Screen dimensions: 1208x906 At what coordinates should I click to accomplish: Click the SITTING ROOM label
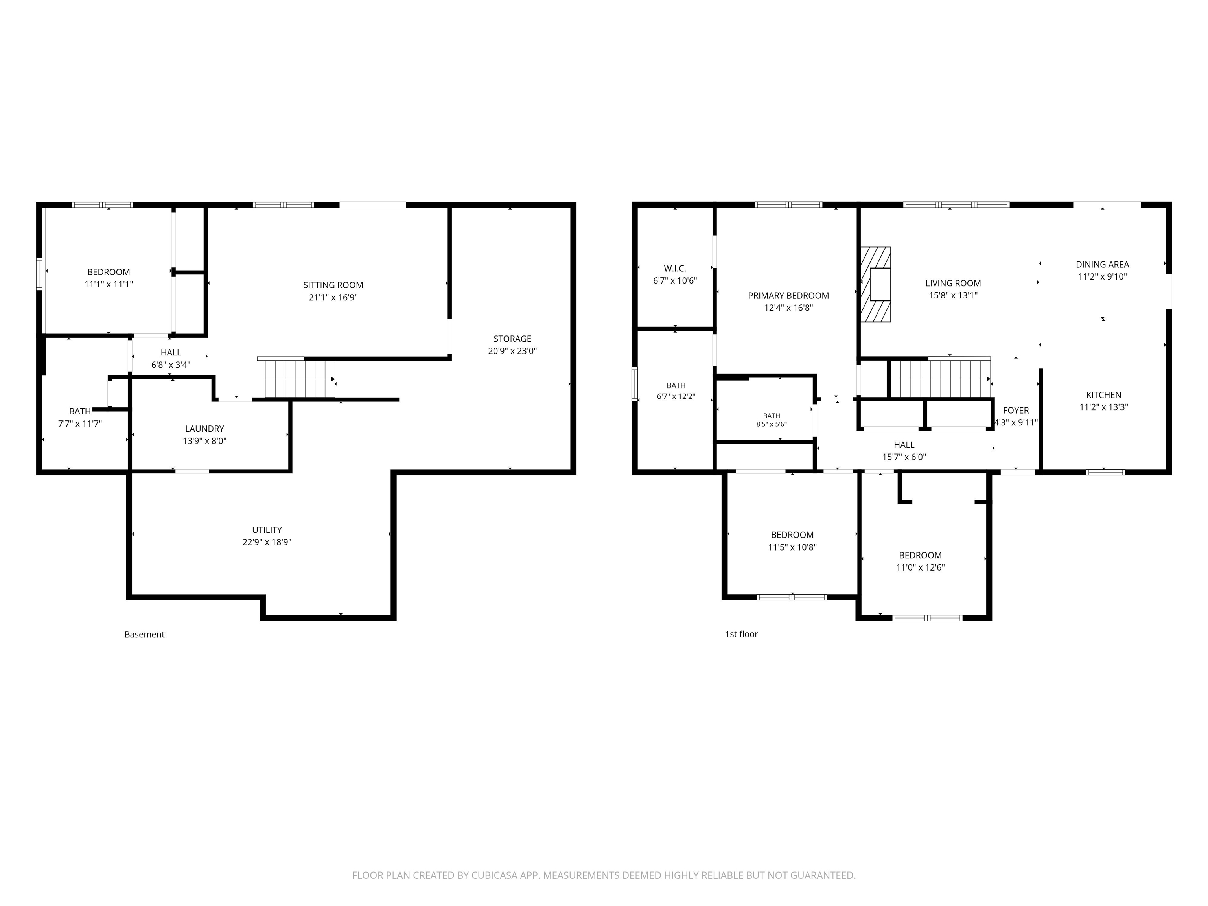click(x=333, y=285)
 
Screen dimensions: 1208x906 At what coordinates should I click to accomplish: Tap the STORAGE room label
click(x=512, y=339)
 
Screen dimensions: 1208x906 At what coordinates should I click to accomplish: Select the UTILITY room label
click(x=267, y=530)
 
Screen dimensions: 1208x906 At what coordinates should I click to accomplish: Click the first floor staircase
click(x=940, y=378)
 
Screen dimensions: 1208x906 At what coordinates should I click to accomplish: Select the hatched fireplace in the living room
click(x=876, y=285)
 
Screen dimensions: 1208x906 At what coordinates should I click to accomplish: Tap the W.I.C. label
click(x=675, y=269)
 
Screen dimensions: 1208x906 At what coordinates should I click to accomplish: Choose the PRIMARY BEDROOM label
click(x=788, y=295)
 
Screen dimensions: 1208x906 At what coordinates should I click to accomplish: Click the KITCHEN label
click(x=1104, y=395)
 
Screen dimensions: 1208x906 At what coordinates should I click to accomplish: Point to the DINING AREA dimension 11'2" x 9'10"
click(x=1103, y=277)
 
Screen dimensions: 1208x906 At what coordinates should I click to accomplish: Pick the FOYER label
click(x=1016, y=410)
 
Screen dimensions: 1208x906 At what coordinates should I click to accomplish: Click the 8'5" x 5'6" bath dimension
click(x=772, y=424)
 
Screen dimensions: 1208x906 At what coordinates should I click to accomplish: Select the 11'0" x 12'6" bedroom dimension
click(x=920, y=567)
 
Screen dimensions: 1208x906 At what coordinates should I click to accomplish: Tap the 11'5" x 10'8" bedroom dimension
click(x=792, y=547)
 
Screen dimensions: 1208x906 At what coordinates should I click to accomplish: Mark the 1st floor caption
click(x=741, y=634)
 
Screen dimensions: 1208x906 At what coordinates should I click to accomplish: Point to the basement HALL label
click(x=171, y=353)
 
